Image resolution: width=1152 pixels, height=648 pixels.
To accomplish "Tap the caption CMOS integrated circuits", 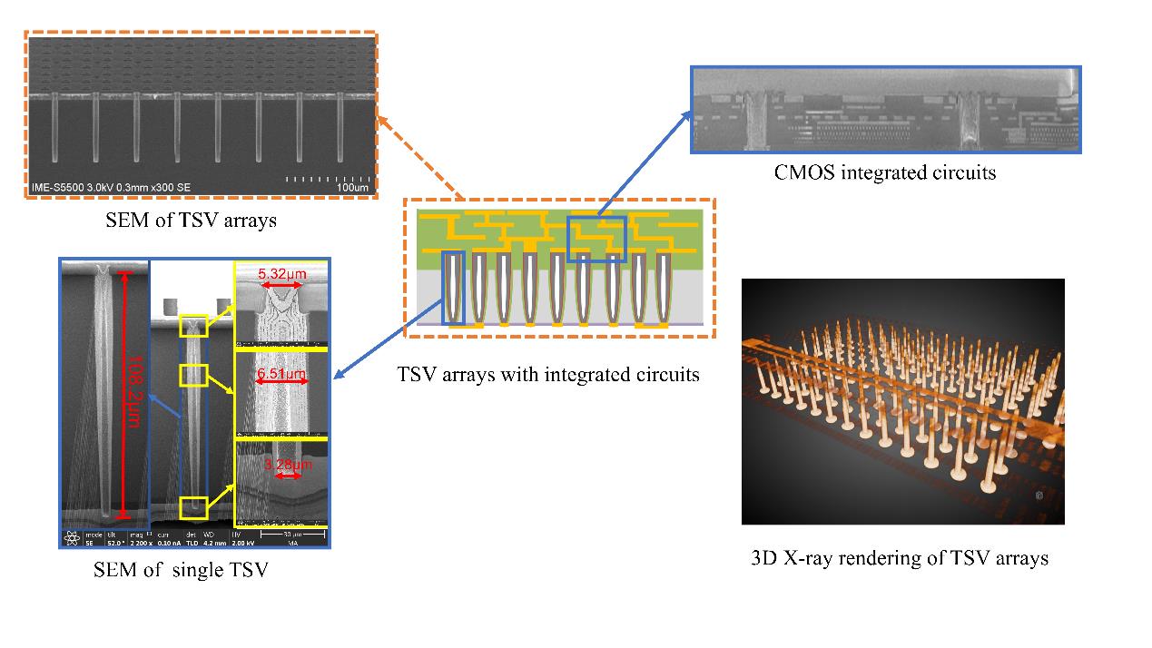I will pos(884,172).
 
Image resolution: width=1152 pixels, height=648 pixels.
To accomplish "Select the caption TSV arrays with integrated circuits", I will pos(548,373).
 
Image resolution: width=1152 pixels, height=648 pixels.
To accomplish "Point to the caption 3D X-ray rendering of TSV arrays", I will pos(900,558).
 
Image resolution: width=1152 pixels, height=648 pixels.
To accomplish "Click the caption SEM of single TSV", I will pos(181,571).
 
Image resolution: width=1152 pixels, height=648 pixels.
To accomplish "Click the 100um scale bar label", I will pos(352,188).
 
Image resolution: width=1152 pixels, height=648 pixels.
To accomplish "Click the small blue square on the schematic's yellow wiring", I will pos(596,239).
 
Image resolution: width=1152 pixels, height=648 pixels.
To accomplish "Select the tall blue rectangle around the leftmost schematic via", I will pos(453,288).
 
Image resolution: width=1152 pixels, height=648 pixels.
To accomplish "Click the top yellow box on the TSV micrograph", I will pos(193,326).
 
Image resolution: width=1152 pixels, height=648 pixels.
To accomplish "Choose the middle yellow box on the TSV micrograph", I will pos(193,373).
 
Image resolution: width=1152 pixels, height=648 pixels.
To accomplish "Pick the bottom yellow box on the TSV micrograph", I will pos(193,508).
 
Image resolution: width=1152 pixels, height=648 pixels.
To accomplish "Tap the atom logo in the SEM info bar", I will pos(71,538).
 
